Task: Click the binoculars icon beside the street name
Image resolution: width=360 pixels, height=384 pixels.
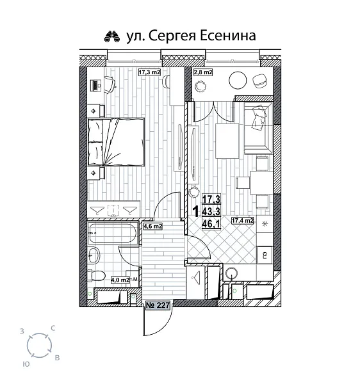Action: [112, 36]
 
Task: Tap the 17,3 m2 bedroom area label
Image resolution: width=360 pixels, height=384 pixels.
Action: [149, 73]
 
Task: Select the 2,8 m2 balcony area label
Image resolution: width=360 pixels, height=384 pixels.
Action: [204, 73]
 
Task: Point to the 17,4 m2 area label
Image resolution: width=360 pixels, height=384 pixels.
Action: [243, 221]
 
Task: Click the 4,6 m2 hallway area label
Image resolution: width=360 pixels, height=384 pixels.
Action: [152, 226]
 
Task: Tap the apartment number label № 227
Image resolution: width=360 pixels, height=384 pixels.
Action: [158, 306]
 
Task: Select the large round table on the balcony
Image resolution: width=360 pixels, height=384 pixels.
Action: [238, 80]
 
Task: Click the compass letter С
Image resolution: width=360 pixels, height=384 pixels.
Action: [53, 328]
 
